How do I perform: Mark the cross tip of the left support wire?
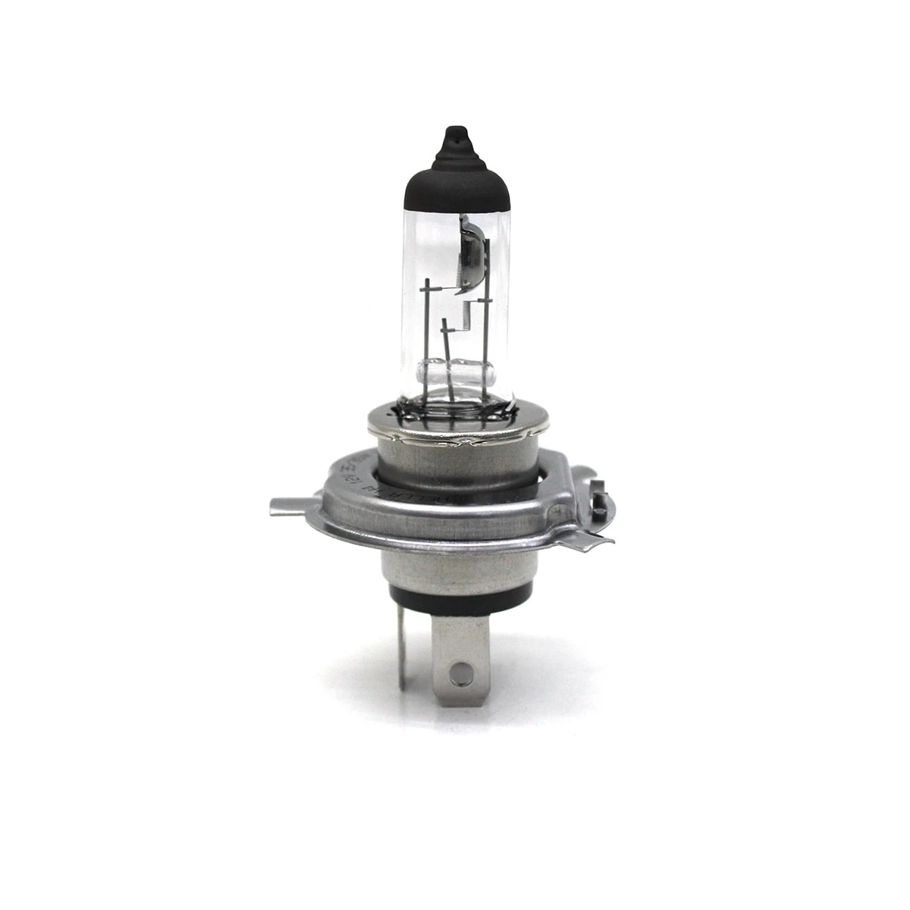click(x=429, y=289)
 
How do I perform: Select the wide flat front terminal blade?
click(x=460, y=652)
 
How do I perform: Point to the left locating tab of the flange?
click(x=292, y=505)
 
